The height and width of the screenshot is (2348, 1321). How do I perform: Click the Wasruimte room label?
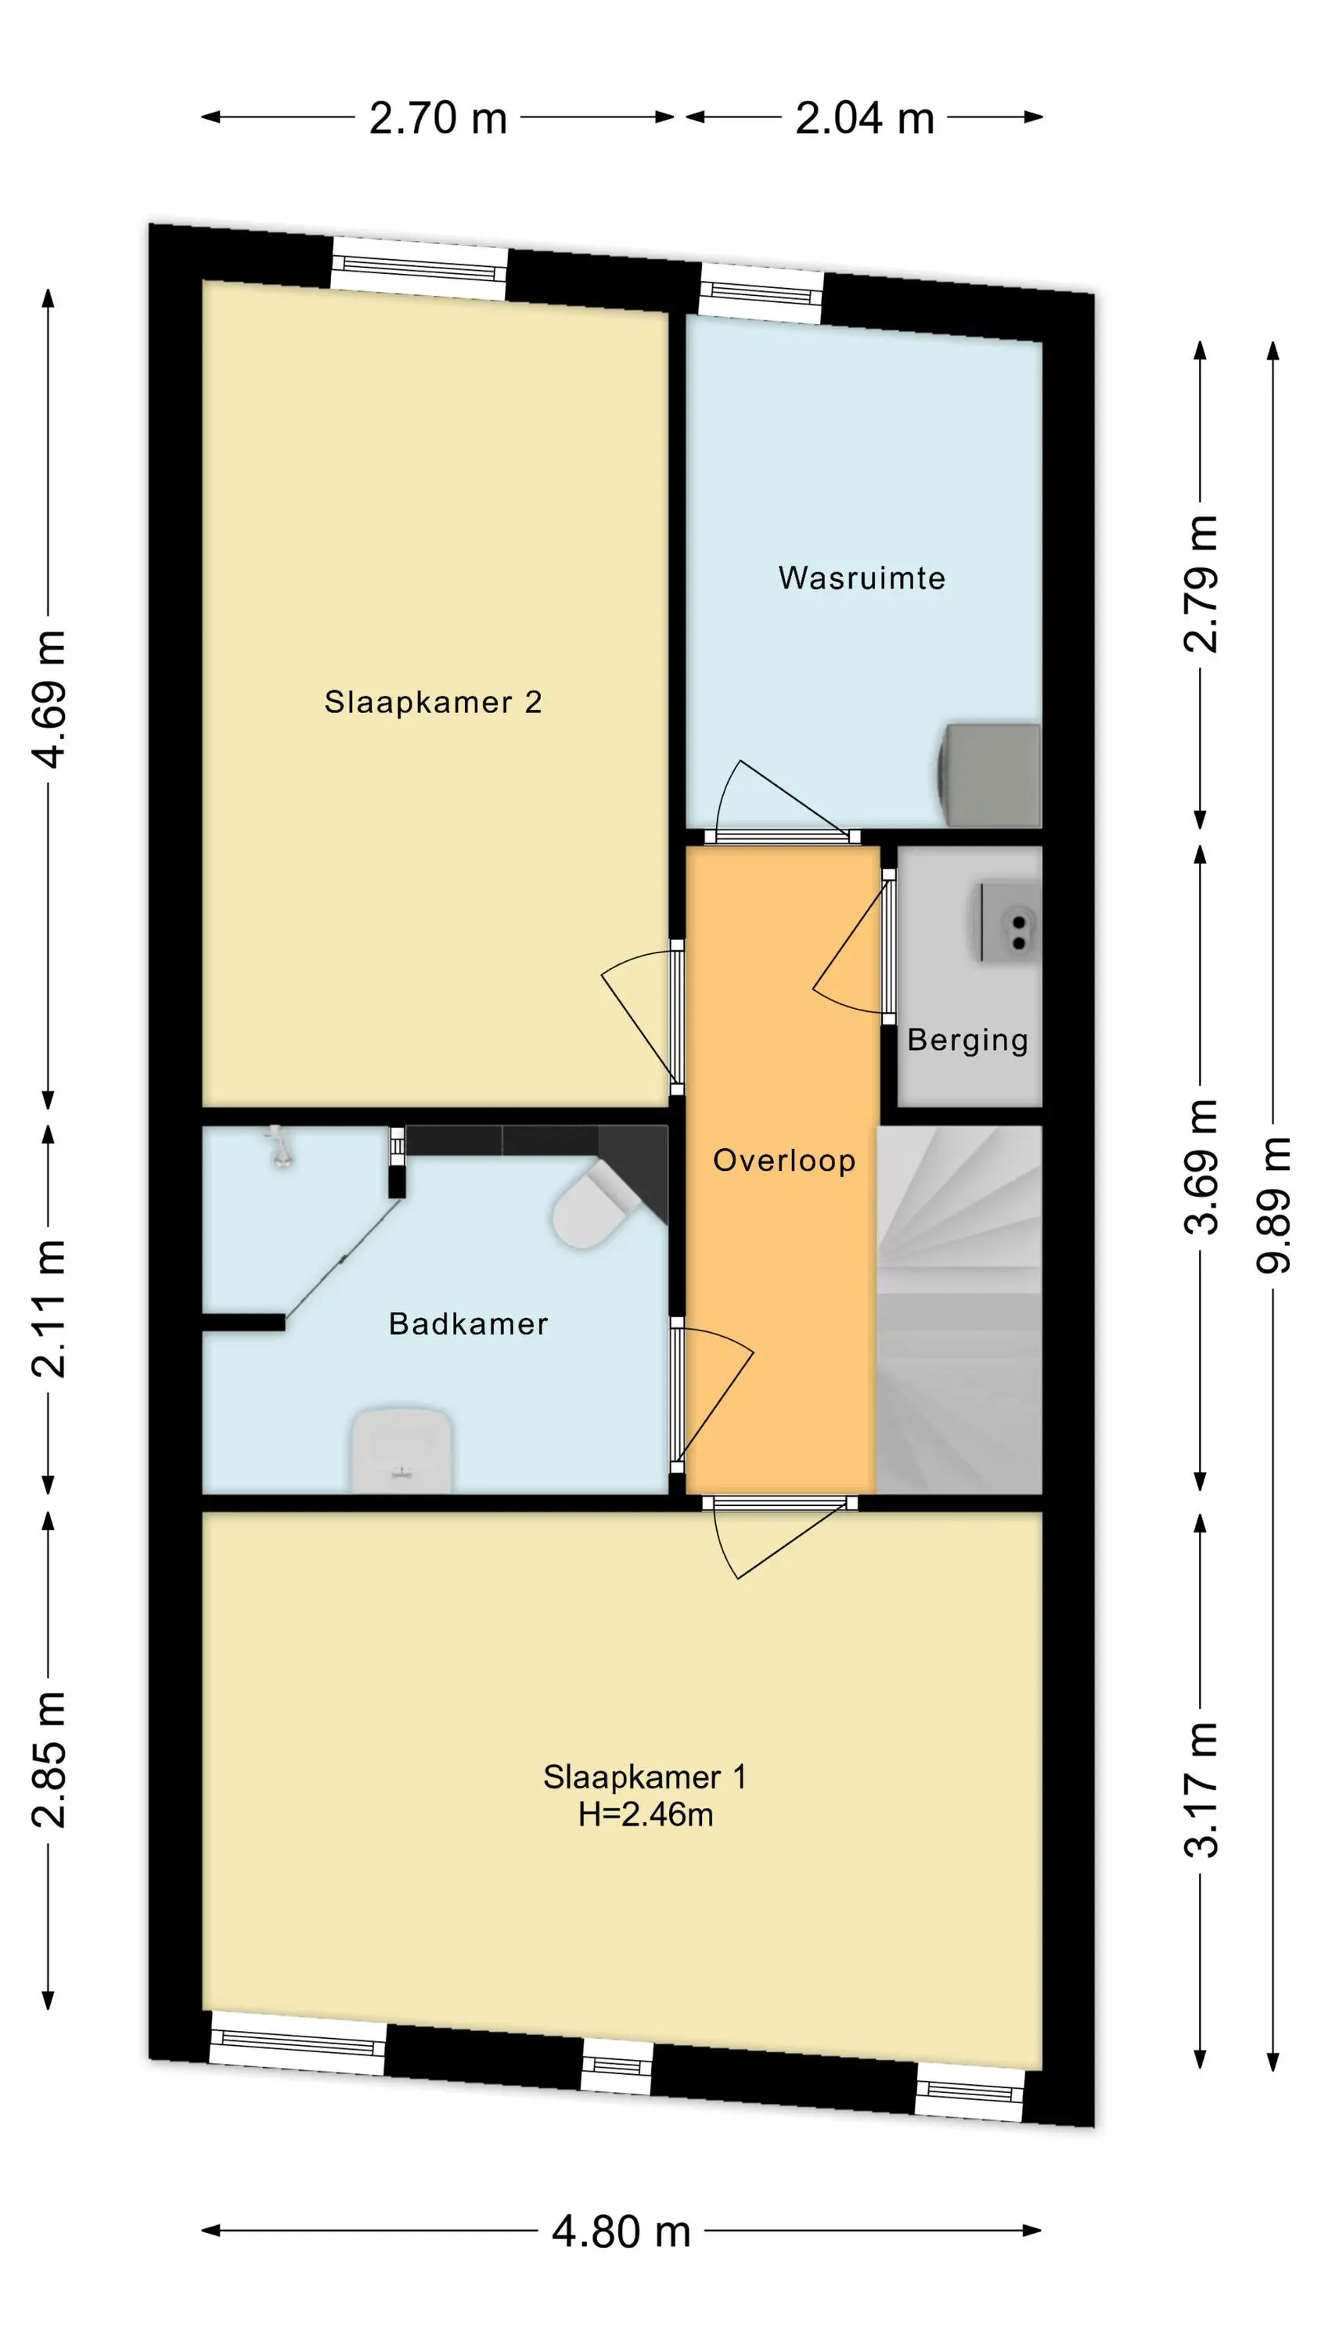(x=862, y=578)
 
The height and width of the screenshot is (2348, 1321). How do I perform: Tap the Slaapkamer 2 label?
(x=433, y=702)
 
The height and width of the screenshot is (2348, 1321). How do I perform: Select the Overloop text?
(x=784, y=1161)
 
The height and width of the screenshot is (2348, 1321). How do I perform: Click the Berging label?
(x=967, y=1041)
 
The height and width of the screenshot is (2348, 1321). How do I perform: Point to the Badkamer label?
(x=469, y=1323)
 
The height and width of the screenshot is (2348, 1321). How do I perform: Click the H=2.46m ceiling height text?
(x=646, y=1815)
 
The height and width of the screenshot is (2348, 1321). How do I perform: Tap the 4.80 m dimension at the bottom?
(x=621, y=2232)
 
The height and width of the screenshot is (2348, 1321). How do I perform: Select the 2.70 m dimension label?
(x=437, y=118)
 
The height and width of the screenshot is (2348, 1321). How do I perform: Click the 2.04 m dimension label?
(x=864, y=118)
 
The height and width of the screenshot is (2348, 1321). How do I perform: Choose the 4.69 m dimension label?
(x=49, y=699)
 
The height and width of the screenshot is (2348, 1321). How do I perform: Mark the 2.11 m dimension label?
(x=49, y=1308)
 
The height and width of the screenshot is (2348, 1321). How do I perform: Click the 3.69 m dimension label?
(x=1200, y=1167)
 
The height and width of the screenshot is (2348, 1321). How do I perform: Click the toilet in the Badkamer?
(x=592, y=1205)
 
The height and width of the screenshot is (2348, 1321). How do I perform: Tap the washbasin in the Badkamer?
(x=402, y=1450)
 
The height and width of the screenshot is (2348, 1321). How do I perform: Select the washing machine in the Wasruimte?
(x=989, y=775)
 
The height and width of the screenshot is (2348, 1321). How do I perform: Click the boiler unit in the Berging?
(x=1010, y=920)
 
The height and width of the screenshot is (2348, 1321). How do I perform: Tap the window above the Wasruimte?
(x=762, y=293)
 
